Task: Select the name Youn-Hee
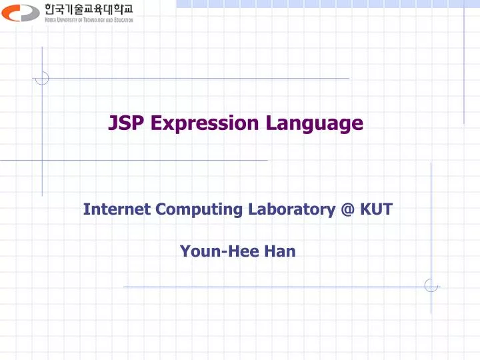[210, 251]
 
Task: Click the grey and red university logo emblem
[21, 12]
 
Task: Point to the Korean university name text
[89, 9]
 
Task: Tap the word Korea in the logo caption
[51, 20]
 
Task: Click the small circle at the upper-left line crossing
[42, 79]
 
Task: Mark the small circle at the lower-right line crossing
[431, 285]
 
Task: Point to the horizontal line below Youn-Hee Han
[267, 287]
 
